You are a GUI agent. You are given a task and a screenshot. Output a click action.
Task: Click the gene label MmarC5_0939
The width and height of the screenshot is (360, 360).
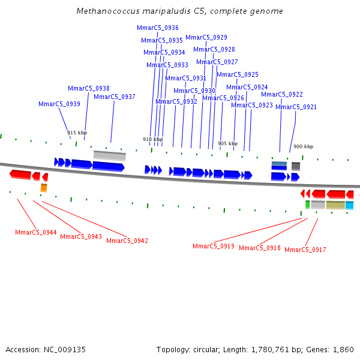pyautogui.click(x=59, y=104)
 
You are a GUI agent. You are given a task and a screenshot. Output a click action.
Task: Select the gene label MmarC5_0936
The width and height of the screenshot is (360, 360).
pyautogui.click(x=158, y=28)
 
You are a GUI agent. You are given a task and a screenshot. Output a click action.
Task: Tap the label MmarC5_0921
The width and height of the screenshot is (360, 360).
pyautogui.click(x=296, y=107)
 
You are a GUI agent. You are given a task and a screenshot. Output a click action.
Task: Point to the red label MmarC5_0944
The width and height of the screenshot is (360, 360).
pyautogui.click(x=36, y=232)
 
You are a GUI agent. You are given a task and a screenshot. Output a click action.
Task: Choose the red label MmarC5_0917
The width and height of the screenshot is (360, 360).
pyautogui.click(x=305, y=250)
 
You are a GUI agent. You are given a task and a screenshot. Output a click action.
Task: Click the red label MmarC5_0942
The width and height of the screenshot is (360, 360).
pyautogui.click(x=127, y=241)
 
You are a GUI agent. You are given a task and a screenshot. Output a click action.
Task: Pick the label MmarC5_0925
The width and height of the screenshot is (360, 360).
pyautogui.click(x=238, y=75)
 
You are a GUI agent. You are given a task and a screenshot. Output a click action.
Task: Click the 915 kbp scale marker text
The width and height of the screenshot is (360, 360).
pyautogui.click(x=77, y=133)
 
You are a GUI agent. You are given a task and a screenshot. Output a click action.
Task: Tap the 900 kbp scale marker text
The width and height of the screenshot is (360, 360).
pyautogui.click(x=303, y=146)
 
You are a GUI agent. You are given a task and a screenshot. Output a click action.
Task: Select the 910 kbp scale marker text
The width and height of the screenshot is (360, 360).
pyautogui.click(x=152, y=139)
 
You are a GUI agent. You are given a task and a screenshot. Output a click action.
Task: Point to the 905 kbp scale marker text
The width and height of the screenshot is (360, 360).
pyautogui.click(x=227, y=143)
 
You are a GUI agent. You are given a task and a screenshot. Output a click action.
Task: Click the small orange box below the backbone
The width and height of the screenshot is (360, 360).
pyautogui.click(x=44, y=188)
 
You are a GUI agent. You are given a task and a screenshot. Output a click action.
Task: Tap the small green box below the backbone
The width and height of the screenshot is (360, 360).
pyautogui.click(x=308, y=205)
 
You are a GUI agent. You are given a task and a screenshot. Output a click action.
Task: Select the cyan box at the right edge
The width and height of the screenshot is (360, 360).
pyautogui.click(x=349, y=205)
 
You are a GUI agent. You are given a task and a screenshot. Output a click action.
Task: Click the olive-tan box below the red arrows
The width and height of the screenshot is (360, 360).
pyautogui.click(x=335, y=205)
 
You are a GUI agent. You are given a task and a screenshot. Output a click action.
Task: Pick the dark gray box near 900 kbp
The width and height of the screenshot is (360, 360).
pyautogui.click(x=296, y=166)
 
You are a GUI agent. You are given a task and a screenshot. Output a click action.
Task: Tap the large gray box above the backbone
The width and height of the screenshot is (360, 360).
pyautogui.click(x=110, y=155)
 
